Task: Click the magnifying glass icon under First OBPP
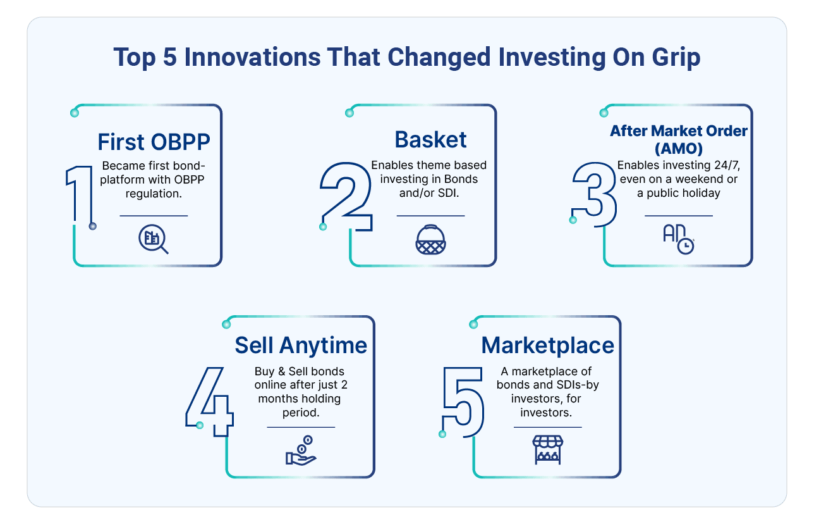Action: click(x=154, y=239)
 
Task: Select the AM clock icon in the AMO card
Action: click(x=679, y=239)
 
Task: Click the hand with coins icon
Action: click(x=301, y=451)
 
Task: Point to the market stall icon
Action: click(x=548, y=450)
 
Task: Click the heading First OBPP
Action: click(x=154, y=142)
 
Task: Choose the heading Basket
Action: click(x=430, y=139)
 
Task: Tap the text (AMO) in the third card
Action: click(x=679, y=149)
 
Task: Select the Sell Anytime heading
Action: click(x=301, y=345)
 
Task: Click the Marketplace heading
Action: click(x=548, y=345)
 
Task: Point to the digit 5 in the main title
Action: click(x=170, y=57)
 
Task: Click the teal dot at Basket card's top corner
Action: click(x=349, y=113)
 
